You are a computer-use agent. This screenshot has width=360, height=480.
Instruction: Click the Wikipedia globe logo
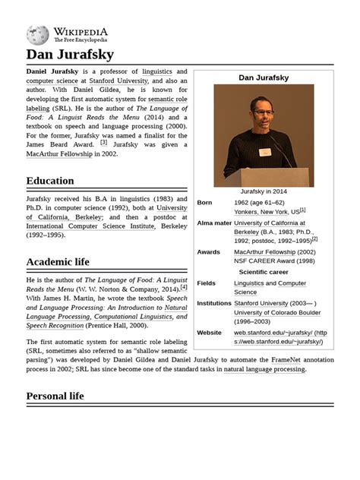coord(37,35)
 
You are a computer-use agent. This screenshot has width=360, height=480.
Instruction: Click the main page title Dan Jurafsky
coord(70,55)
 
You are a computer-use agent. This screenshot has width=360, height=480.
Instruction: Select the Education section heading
coord(50,181)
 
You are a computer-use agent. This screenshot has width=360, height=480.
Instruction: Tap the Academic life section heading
coord(58,262)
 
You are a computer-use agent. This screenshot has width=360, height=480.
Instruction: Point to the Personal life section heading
coord(55,396)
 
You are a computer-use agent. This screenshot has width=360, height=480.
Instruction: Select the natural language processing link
coord(264,369)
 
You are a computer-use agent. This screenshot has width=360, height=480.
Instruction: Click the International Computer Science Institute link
coord(90,226)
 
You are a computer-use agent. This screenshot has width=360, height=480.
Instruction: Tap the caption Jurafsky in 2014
coord(264,191)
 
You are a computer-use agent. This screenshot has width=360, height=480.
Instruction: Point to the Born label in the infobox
coord(205,203)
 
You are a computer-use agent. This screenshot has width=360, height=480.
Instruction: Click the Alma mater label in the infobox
coord(213,223)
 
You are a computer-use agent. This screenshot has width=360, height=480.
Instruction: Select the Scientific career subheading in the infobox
coord(264,272)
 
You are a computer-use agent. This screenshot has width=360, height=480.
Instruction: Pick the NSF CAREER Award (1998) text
coord(273,261)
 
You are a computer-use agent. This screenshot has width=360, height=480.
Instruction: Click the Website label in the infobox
coord(209,333)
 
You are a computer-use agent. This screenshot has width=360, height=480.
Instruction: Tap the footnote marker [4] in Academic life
coord(183,287)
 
